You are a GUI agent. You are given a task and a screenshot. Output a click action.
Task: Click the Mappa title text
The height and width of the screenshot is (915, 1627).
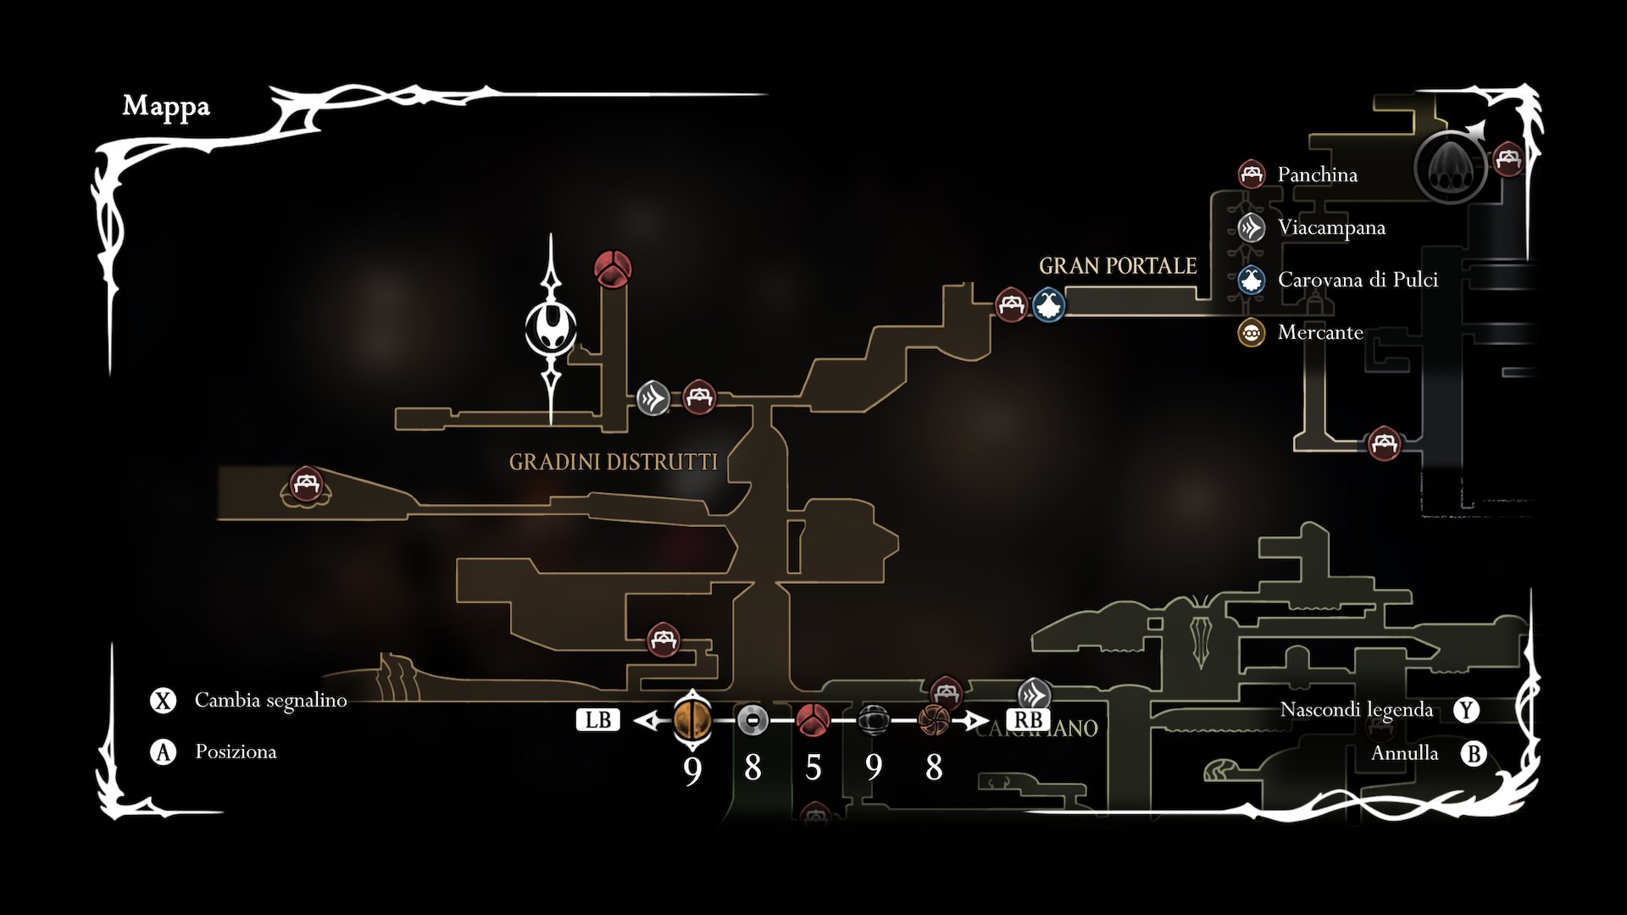click(x=166, y=107)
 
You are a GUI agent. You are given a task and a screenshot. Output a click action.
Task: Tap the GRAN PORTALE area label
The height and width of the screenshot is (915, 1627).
click(x=1118, y=266)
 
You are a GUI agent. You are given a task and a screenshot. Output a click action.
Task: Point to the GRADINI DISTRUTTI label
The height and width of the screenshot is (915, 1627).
click(x=613, y=462)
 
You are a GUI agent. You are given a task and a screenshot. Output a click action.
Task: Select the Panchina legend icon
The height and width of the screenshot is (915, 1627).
click(x=1252, y=175)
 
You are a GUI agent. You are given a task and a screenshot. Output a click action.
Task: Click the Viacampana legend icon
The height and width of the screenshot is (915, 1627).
click(x=1252, y=227)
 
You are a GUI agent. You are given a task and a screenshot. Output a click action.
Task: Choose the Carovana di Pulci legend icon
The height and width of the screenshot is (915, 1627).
click(x=1252, y=280)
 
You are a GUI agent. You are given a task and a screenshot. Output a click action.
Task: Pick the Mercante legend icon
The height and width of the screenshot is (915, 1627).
click(x=1252, y=332)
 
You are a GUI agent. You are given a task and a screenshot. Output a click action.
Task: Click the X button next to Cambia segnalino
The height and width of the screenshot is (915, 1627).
click(x=163, y=701)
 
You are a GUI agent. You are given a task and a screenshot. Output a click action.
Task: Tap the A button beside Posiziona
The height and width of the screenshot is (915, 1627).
click(x=163, y=751)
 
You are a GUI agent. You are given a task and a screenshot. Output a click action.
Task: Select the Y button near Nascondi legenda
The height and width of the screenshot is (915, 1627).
click(x=1467, y=710)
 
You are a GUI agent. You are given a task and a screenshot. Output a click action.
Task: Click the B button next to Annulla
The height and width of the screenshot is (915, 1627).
click(x=1474, y=753)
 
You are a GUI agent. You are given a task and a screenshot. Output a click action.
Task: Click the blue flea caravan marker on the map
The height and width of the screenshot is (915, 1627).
click(x=1048, y=304)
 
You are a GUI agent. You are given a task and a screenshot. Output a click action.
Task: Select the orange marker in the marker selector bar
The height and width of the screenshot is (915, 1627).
click(x=692, y=720)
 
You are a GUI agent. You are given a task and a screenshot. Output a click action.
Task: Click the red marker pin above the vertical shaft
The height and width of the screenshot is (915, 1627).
click(x=612, y=269)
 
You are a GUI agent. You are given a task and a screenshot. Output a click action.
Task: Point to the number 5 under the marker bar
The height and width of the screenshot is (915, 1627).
click(x=813, y=768)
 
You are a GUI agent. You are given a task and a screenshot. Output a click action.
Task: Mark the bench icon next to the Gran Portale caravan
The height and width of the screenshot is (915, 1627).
click(x=1011, y=304)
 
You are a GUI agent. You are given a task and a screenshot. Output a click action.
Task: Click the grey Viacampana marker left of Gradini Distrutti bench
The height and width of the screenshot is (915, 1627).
click(x=653, y=397)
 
